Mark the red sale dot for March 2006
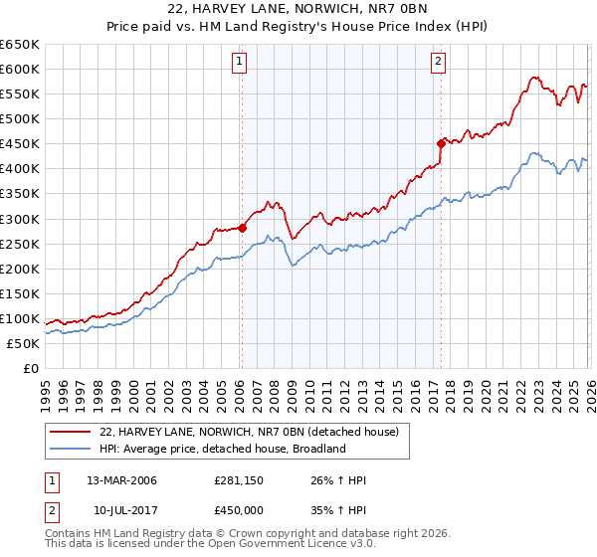point(242,227)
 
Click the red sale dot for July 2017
point(440,143)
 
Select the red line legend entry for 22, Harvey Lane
point(249,432)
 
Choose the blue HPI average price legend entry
point(221,449)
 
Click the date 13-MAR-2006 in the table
point(121,480)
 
